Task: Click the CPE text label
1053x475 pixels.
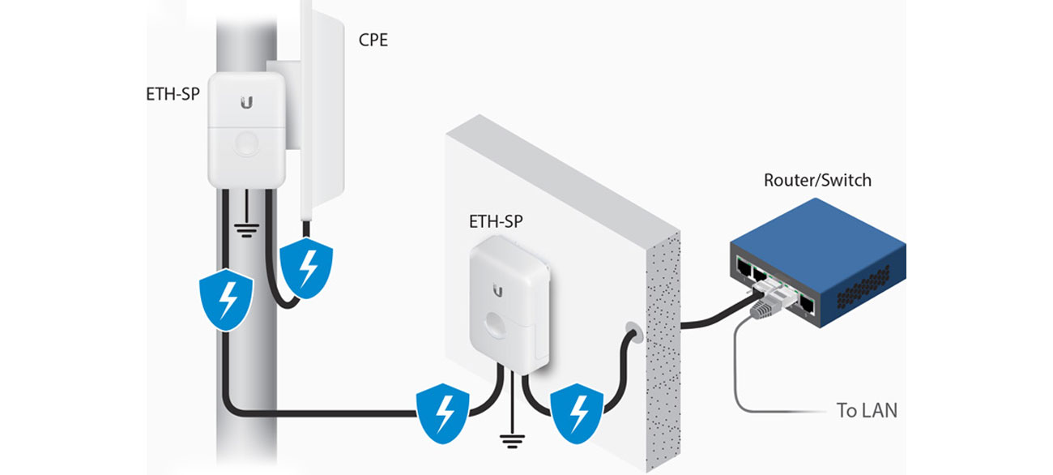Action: [373, 39]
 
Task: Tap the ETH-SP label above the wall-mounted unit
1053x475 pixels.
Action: [496, 221]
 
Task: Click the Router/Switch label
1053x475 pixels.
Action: [817, 180]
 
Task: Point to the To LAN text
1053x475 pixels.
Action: [867, 410]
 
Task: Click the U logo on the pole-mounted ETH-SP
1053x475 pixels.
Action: [245, 103]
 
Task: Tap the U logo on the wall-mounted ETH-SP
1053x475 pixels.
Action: [497, 290]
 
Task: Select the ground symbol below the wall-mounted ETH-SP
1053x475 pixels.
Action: [509, 441]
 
